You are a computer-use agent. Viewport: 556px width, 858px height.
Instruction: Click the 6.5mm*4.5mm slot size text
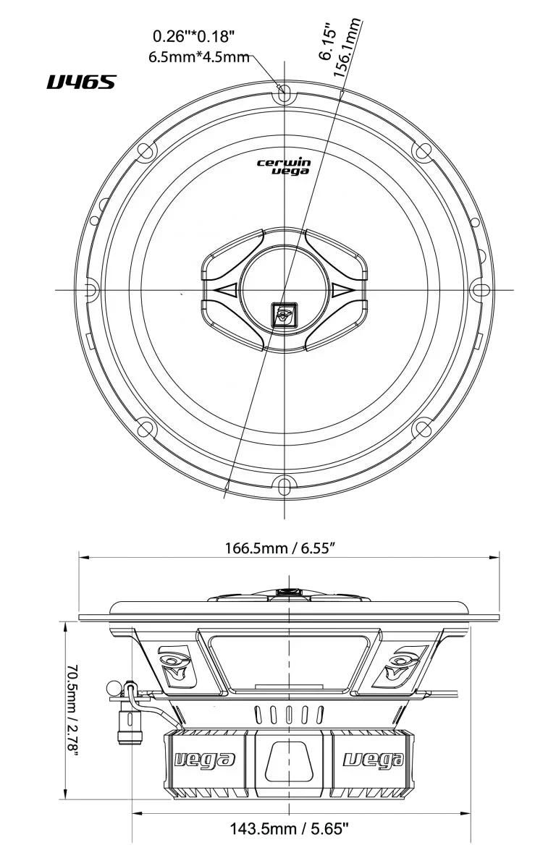point(198,57)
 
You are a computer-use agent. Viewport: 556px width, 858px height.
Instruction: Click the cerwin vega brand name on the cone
point(284,167)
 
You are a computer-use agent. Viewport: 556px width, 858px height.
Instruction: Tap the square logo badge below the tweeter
point(283,315)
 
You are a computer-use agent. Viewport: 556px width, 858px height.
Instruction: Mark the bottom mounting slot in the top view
point(284,486)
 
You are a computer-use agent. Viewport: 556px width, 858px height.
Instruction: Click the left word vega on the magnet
point(206,759)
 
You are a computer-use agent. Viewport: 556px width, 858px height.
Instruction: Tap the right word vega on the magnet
point(372,759)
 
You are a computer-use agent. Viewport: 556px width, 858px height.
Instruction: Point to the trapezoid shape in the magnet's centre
point(289,763)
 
